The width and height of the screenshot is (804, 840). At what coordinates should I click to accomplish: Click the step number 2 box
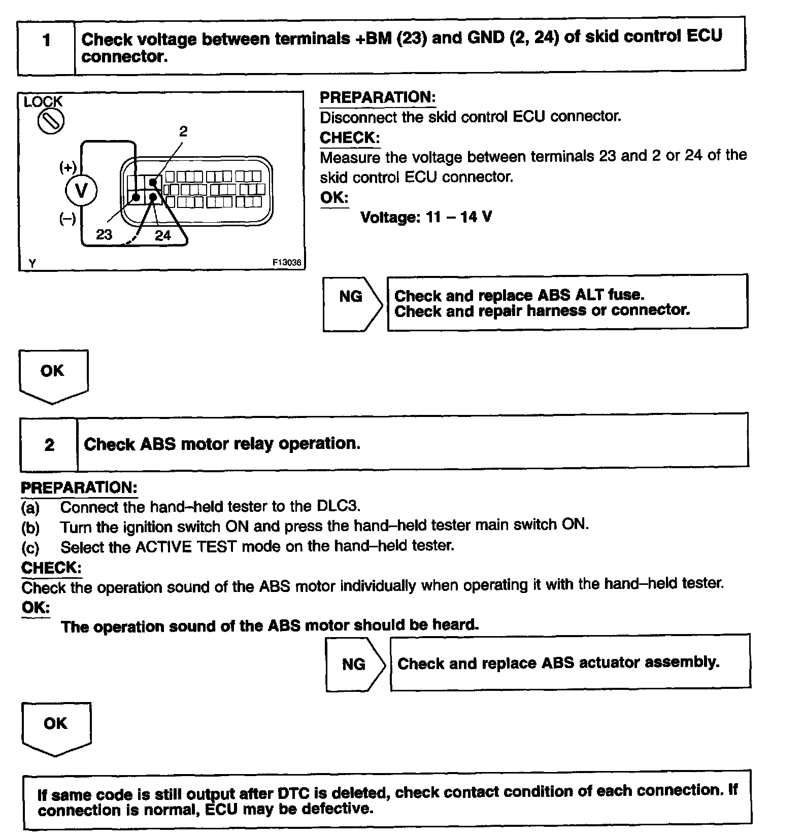pos(49,445)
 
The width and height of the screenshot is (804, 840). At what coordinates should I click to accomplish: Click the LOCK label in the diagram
pos(43,102)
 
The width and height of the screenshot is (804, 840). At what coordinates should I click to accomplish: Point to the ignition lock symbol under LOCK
pos(51,122)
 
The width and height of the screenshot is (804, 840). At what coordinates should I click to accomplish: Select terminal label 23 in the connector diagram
pos(104,234)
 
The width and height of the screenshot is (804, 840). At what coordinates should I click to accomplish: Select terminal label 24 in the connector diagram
pos(163,235)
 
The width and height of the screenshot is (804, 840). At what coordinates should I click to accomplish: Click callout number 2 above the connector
pos(183,131)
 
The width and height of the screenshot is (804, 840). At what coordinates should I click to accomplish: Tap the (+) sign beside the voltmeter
pos(68,167)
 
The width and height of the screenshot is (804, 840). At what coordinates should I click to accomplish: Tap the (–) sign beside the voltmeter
pos(68,219)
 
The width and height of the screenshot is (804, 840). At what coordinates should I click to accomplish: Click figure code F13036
pos(287,263)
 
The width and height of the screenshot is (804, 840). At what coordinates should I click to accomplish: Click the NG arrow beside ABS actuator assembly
pos(354,664)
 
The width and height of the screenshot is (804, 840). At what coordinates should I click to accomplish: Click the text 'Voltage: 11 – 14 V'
pos(426,218)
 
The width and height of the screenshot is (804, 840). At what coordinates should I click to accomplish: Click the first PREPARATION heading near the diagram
pos(378,97)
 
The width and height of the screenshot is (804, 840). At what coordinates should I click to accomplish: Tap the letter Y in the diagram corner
pos(32,263)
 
